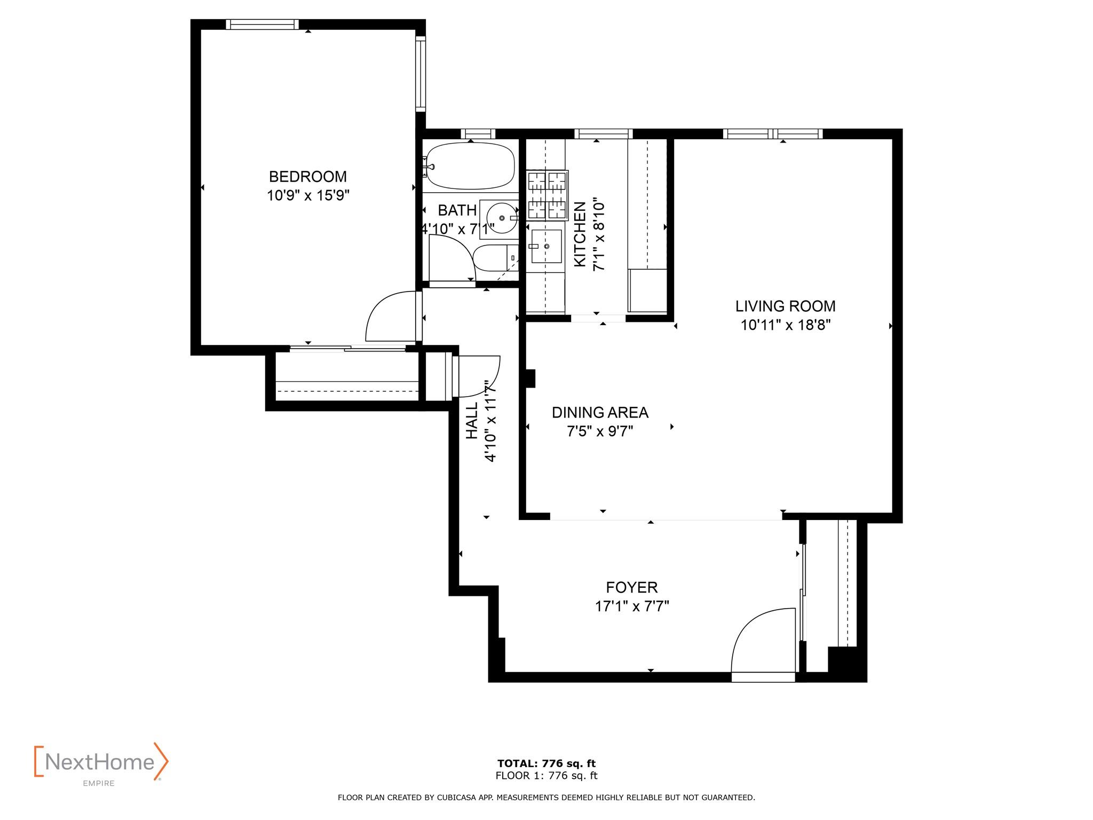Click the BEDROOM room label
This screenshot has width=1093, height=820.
pos(307,176)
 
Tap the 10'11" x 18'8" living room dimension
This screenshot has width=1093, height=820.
pos(785,325)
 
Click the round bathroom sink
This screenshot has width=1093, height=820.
pos(502,218)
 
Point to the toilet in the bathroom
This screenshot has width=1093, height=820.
pos(495,258)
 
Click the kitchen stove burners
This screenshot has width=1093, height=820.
pos(546,195)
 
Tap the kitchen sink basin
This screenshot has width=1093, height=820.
pos(546,246)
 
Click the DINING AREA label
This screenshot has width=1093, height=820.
pos(600,412)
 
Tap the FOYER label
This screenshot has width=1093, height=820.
pos(631,587)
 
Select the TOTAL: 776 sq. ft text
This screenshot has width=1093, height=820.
pos(546,763)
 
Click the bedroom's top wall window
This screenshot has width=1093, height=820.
pos(262,25)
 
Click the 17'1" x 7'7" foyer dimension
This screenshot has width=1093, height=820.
pos(632,606)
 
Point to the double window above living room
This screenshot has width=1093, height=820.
pos(772,133)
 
